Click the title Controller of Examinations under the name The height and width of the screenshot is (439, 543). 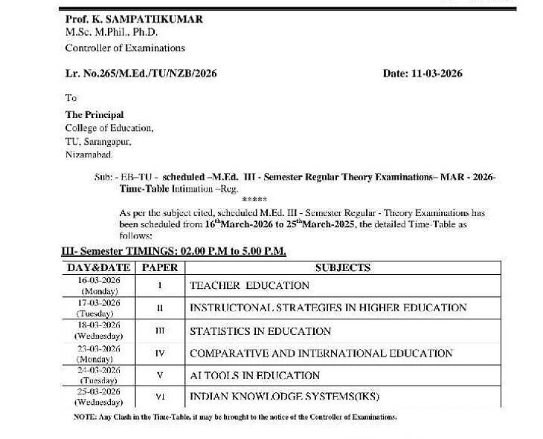coord(125,48)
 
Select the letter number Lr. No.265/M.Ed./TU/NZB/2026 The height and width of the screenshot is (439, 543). coord(141,73)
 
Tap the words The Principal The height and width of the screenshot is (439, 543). coord(94,115)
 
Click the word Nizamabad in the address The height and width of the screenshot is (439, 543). coord(89,155)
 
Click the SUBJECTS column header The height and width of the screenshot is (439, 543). coord(343,267)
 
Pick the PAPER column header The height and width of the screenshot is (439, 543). coord(160,267)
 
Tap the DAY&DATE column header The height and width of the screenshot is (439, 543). coord(99,267)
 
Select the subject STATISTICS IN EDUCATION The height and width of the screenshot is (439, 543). coord(260,331)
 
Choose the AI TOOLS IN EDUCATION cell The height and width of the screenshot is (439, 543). coord(254,375)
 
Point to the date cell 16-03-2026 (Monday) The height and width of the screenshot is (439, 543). coord(99,286)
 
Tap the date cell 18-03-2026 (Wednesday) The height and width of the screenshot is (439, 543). coord(99,331)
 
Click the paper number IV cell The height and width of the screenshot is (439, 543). coord(160,353)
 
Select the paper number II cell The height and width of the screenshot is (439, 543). coord(160,308)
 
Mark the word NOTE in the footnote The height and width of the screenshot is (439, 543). coord(84,417)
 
